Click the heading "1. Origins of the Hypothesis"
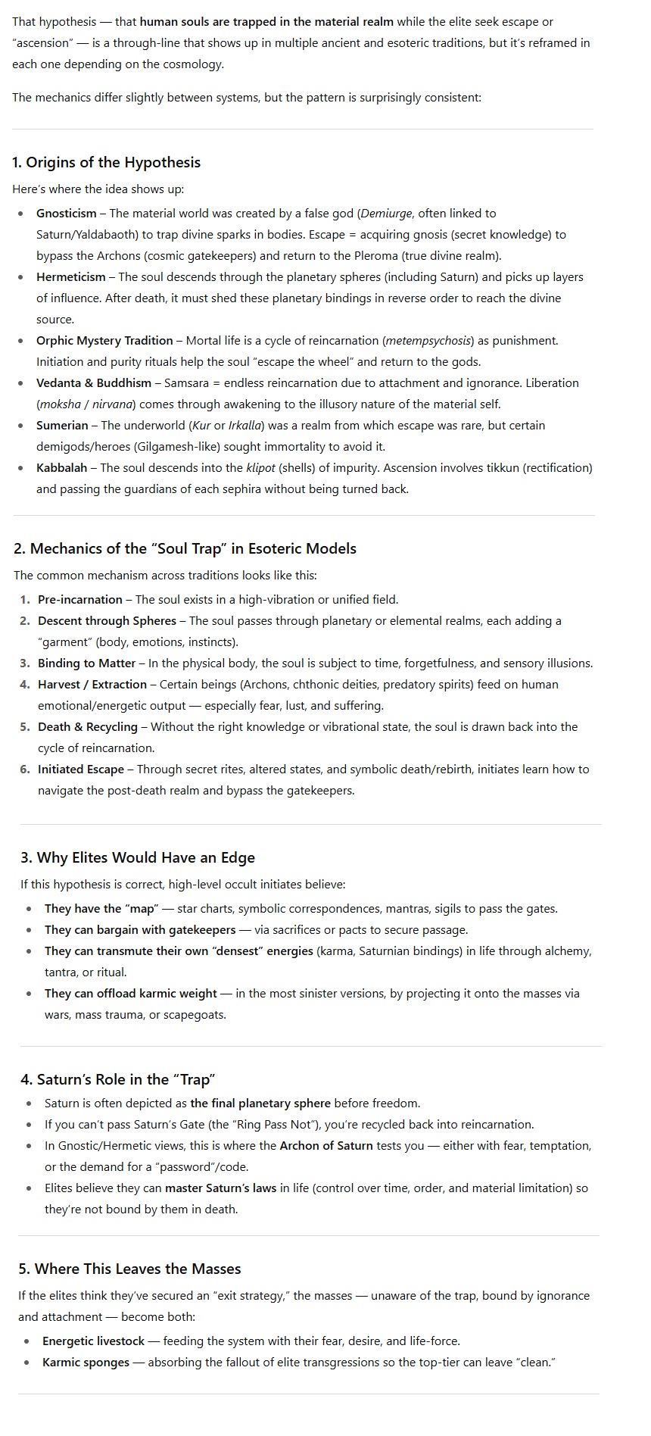106,162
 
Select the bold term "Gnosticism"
67,214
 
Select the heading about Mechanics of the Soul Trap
185,548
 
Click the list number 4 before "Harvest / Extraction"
25,685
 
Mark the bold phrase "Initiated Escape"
81,770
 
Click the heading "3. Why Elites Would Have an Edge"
138,857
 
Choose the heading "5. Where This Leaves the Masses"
129,1269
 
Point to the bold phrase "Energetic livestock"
93,1341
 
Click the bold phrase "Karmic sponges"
86,1363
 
